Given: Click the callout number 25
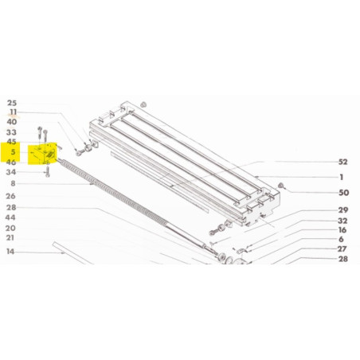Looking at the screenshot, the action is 12,103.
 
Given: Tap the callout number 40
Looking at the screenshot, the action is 12,122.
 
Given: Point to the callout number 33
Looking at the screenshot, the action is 11,132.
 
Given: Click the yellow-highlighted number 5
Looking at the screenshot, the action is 13,152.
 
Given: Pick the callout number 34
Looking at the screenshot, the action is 11,172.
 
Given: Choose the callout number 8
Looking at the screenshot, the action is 13,183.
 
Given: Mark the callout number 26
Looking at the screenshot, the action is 11,196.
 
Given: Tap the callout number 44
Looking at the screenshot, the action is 10,217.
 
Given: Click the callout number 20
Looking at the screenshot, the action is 10,228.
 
